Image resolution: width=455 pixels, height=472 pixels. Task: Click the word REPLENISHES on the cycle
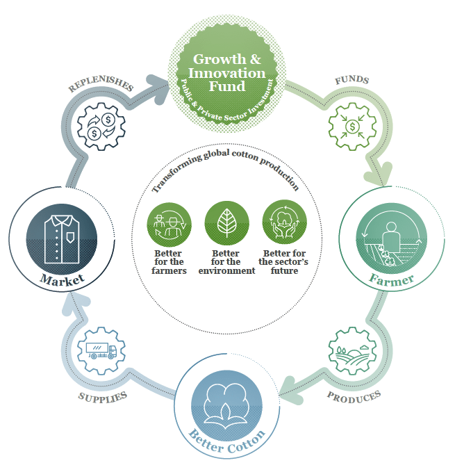100,85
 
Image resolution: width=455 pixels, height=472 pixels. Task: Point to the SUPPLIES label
103,397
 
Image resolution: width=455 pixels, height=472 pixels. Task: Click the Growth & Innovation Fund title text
229,72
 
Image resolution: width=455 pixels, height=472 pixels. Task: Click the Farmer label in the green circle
390,280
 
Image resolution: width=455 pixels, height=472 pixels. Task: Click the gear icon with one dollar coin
353,127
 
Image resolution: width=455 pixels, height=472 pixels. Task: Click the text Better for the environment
226,262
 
